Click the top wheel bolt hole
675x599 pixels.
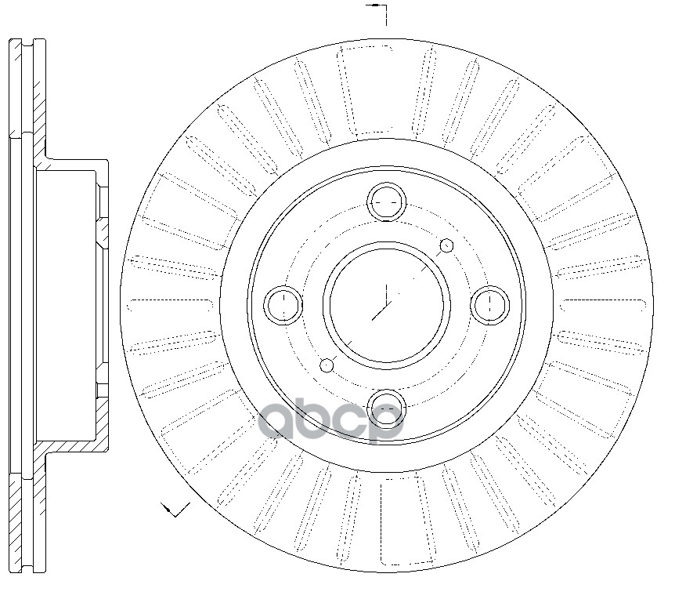(x=387, y=201)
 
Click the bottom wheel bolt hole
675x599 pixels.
(x=387, y=408)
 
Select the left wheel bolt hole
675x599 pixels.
(x=283, y=305)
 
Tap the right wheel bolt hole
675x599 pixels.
(x=490, y=305)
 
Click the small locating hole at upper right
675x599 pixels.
(x=447, y=245)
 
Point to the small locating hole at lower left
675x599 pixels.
(x=327, y=365)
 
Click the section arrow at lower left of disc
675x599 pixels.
(x=175, y=510)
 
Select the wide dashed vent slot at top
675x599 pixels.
(x=365, y=90)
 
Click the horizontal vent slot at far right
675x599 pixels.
(x=605, y=305)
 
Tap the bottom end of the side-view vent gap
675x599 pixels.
(x=27, y=570)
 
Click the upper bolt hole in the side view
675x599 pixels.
(x=103, y=201)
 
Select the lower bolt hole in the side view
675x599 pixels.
(x=103, y=390)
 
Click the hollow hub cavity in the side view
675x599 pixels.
(x=66, y=305)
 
